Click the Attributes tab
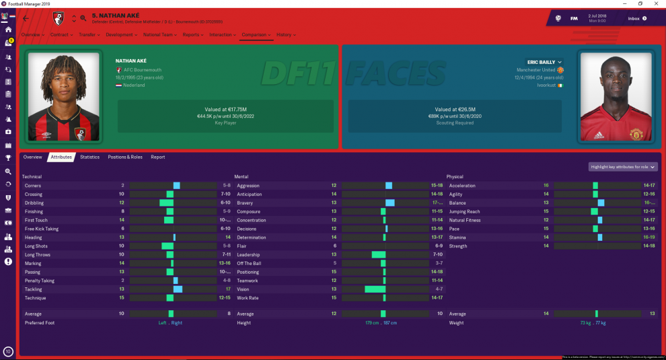pos(61,157)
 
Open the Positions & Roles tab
pos(125,157)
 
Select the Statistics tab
pos(89,157)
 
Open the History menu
pos(285,34)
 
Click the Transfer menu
pos(88,34)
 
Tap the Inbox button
pos(636,18)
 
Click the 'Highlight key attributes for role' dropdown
pos(623,167)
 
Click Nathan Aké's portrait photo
pos(64,96)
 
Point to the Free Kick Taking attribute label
pos(42,229)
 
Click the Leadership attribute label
pos(249,254)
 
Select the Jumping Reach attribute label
pos(464,211)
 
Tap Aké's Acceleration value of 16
pos(546,186)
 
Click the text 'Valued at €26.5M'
pos(455,109)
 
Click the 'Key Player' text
pos(225,122)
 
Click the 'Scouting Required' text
pos(455,122)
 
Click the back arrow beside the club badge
pos(26,18)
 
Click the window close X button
pos(658,3)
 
